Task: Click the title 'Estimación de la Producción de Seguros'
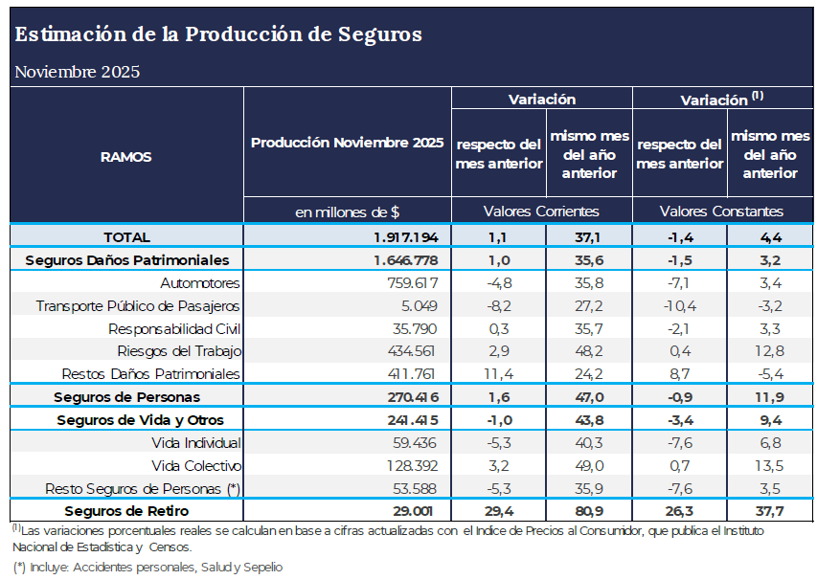[x=218, y=34]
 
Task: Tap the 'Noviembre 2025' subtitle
[x=78, y=72]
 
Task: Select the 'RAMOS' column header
[x=126, y=157]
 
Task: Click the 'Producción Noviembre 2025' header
[x=347, y=143]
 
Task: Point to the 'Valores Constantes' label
[x=721, y=211]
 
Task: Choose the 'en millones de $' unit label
[x=347, y=212]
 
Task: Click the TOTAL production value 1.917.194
[x=406, y=236]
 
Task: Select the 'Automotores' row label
[x=200, y=283]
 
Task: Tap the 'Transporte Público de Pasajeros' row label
[x=138, y=306]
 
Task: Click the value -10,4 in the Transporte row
[x=679, y=306]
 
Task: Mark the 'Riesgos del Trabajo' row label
[x=179, y=350]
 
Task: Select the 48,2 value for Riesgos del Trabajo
[x=589, y=350]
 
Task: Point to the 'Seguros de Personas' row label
[x=127, y=396]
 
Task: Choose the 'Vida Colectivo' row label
[x=196, y=466]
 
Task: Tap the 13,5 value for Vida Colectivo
[x=770, y=466]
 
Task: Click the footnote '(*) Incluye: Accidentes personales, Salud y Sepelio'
[x=148, y=567]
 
